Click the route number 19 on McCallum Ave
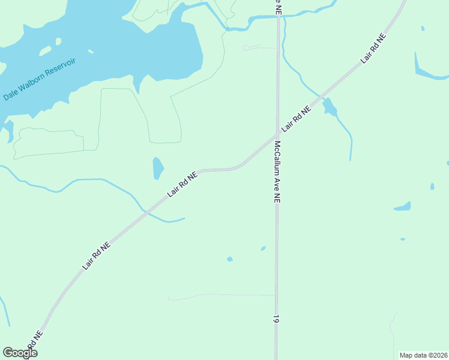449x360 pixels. pyautogui.click(x=276, y=319)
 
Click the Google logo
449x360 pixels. pyautogui.click(x=20, y=353)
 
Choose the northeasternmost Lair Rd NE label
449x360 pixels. pyautogui.click(x=373, y=49)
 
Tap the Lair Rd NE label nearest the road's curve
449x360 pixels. pyautogui.click(x=183, y=184)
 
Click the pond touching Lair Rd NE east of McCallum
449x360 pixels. pyautogui.click(x=329, y=107)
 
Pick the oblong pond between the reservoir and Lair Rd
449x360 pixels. pyautogui.click(x=158, y=168)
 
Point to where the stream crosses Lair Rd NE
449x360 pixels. pyautogui.click(x=145, y=211)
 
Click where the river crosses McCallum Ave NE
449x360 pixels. pyautogui.click(x=279, y=16)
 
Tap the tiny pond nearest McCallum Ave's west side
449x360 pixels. pyautogui.click(x=263, y=248)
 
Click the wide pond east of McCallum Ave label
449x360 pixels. pyautogui.click(x=403, y=207)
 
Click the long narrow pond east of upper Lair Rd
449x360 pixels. pyautogui.click(x=429, y=69)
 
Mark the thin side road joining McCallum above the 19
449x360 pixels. pyautogui.click(x=222, y=295)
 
